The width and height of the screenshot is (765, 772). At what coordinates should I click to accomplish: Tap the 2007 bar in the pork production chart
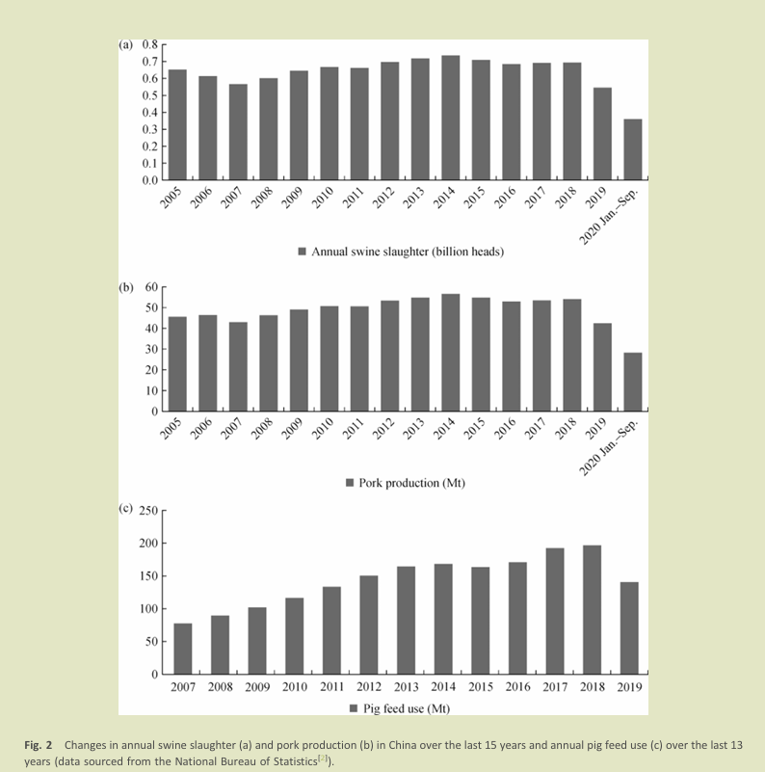point(238,366)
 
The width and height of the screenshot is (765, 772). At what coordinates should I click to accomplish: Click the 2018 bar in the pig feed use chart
point(592,609)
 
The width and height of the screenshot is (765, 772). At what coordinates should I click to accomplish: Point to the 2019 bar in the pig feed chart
point(628,627)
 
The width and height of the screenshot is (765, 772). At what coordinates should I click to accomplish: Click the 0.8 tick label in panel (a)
point(149,45)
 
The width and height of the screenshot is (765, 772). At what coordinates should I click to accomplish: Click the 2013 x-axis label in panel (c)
point(406,688)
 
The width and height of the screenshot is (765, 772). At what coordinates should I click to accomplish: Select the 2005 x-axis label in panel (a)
point(172,196)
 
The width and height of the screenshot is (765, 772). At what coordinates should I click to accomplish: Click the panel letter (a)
point(126,44)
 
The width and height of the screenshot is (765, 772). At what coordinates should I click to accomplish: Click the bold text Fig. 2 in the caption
point(38,745)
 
